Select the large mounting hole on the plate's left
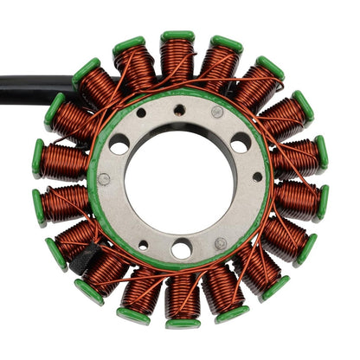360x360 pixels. coord(119,144)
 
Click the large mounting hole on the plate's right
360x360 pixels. coord(241,143)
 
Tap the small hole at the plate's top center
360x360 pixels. coord(179,110)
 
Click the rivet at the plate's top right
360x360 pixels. coord(217,112)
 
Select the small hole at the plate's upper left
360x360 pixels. coord(141,112)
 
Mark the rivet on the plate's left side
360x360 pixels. coord(104,180)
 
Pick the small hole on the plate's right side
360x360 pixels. coord(257,177)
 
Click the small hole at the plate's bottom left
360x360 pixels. coord(143,245)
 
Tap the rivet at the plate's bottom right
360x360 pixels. coord(220,244)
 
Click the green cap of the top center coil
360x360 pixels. coord(177,36)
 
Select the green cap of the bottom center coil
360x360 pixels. coord(183,323)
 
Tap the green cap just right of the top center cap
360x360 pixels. coord(226,43)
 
